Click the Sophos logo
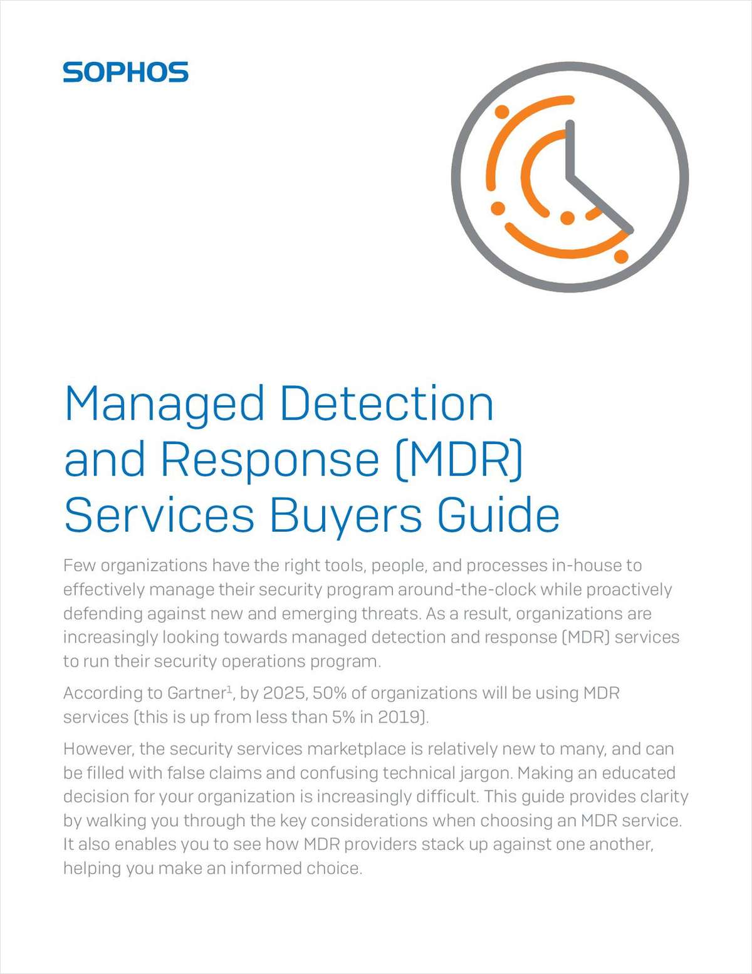[x=125, y=72]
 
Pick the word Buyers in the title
[x=345, y=517]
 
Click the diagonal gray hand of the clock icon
[x=600, y=204]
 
